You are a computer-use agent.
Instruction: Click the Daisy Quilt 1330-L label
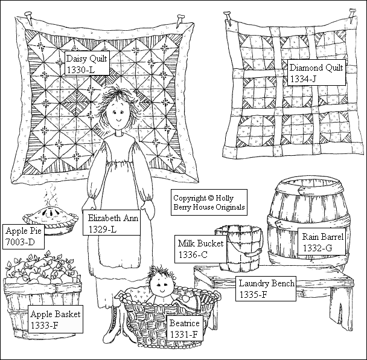(x=87, y=63)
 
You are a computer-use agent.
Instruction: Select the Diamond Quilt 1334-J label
(x=316, y=72)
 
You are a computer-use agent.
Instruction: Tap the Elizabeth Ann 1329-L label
(x=112, y=222)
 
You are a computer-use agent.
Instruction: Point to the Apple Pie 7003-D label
(x=23, y=236)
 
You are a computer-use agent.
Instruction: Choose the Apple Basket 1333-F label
(x=56, y=319)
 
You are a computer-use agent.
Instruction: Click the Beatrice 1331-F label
(x=185, y=328)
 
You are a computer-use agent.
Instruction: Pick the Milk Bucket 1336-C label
(x=200, y=249)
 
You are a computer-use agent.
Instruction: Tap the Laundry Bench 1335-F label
(x=266, y=289)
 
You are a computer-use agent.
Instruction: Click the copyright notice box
(x=209, y=202)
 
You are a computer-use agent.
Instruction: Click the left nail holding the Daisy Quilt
(x=29, y=18)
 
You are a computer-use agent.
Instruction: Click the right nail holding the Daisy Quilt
(x=180, y=19)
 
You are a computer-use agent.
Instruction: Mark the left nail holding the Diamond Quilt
(x=228, y=18)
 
